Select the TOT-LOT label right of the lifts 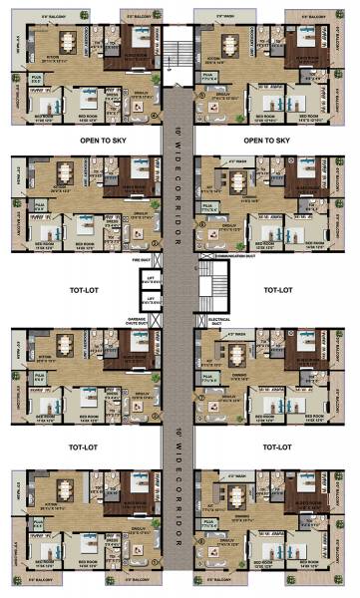point(276,290)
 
